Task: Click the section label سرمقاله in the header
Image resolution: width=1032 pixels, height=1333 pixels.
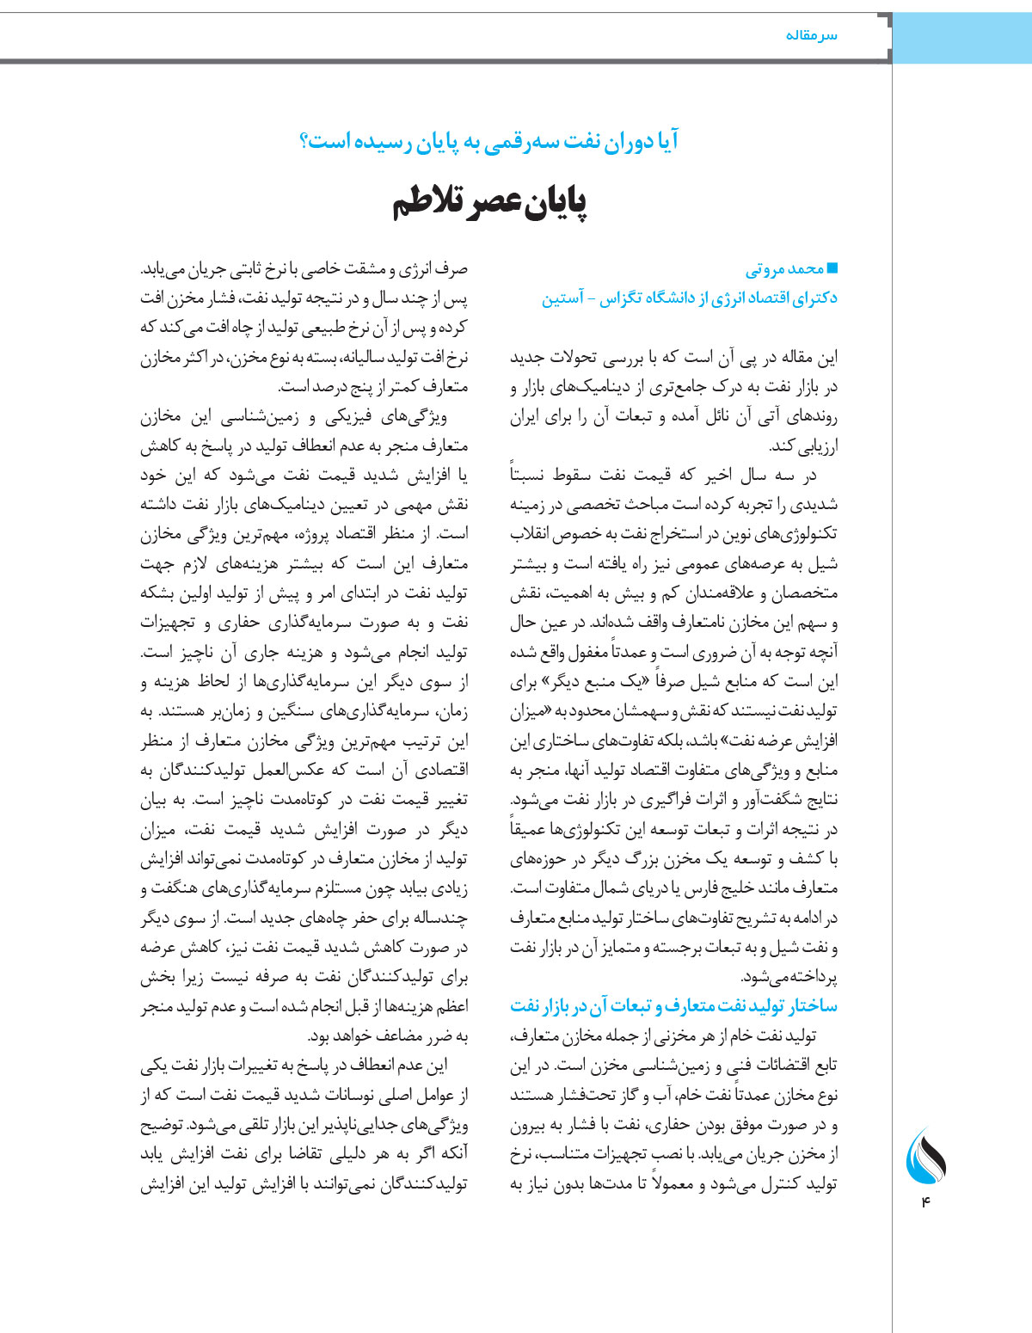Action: coord(811,35)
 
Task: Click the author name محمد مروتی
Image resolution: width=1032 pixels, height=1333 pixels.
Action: coord(784,269)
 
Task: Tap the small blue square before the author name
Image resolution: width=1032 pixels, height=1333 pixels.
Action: coord(832,268)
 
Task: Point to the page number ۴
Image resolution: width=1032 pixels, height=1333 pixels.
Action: coord(926,1201)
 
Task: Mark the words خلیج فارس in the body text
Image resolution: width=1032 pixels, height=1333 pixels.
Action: coord(689,888)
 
